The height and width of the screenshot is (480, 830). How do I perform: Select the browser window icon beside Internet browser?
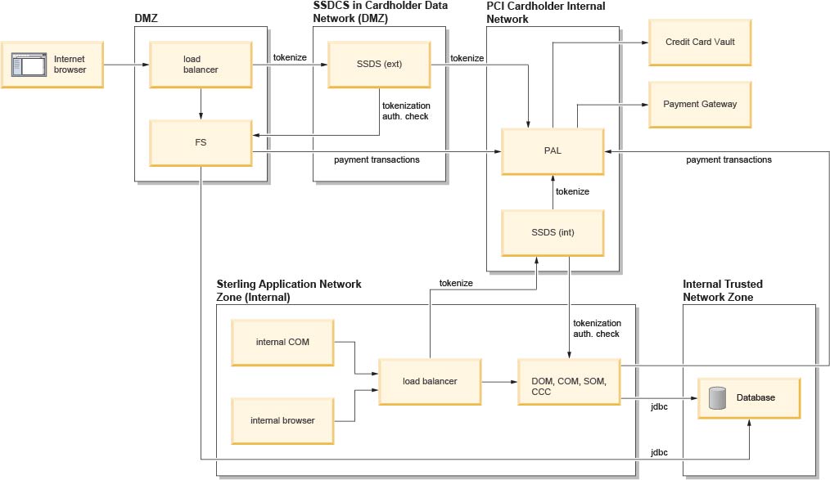tap(29, 65)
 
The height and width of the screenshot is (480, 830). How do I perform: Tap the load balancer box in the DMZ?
tap(200, 65)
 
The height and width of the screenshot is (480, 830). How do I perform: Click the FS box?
tap(200, 142)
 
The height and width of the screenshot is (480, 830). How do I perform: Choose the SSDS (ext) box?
tap(378, 65)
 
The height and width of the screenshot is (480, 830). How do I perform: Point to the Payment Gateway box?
tap(700, 104)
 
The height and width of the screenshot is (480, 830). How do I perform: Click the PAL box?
tap(553, 150)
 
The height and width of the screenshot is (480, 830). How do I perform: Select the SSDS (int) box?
tap(553, 233)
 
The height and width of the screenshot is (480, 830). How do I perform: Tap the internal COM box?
tap(283, 342)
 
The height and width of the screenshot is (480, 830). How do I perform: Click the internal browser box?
tap(283, 420)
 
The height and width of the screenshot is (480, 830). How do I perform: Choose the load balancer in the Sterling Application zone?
tap(429, 381)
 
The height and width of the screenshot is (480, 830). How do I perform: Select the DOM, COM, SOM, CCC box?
tap(569, 381)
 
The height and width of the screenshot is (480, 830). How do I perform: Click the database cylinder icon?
tap(718, 397)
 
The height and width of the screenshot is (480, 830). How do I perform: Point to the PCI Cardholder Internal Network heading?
tap(546, 12)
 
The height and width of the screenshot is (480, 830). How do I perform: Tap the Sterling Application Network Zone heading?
tap(288, 290)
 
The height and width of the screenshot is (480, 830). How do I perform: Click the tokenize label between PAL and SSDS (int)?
tap(571, 191)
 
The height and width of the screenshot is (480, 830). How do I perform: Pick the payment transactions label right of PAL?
tap(729, 160)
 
